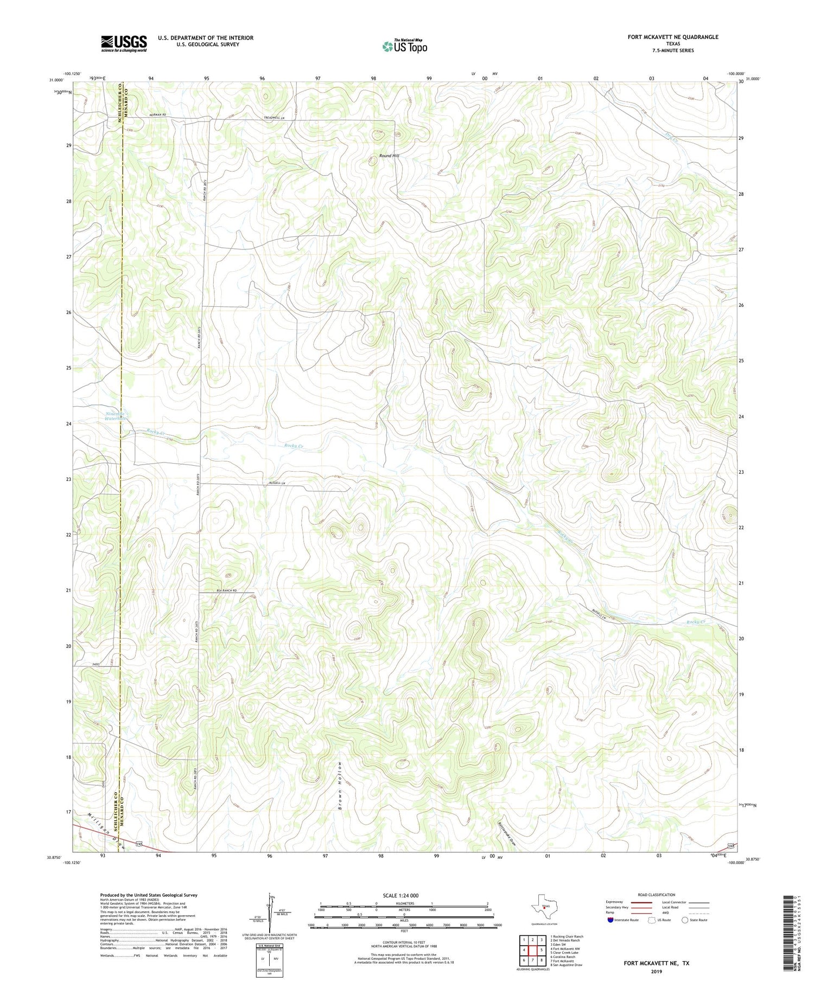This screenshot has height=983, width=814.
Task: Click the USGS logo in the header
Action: click(123, 43)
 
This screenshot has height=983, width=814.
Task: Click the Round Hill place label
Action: click(389, 156)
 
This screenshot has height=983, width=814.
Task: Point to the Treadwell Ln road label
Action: click(275, 118)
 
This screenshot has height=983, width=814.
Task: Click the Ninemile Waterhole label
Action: click(116, 416)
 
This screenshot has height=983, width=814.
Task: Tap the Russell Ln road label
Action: click(277, 483)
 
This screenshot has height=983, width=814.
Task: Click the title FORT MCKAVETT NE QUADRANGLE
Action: click(672, 37)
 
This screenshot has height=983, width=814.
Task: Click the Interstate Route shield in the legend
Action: click(610, 920)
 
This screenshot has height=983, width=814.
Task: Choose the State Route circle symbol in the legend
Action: click(685, 920)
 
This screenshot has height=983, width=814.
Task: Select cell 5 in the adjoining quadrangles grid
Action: click(542, 950)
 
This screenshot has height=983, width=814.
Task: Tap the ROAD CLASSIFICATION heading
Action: click(657, 895)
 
